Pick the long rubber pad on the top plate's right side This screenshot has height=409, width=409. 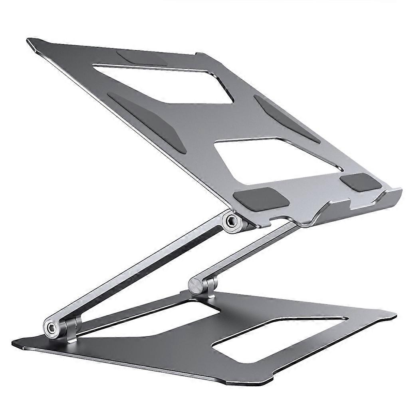[x=286, y=119]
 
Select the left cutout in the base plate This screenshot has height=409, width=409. [x=160, y=320]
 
